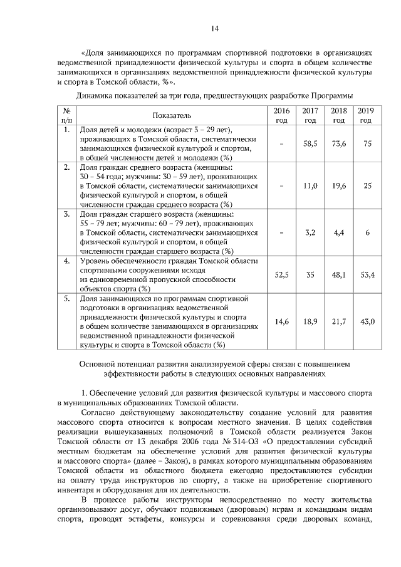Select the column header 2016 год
[281, 115]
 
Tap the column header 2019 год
[367, 115]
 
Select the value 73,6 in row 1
[339, 144]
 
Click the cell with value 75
[367, 144]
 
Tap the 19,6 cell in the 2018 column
[339, 186]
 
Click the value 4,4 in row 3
[339, 232]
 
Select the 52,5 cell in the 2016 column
[281, 274]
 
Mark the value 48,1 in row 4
[339, 274]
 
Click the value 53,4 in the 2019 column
[367, 274]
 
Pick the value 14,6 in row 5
[281, 321]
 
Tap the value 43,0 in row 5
[367, 321]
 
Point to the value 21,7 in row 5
[339, 321]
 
